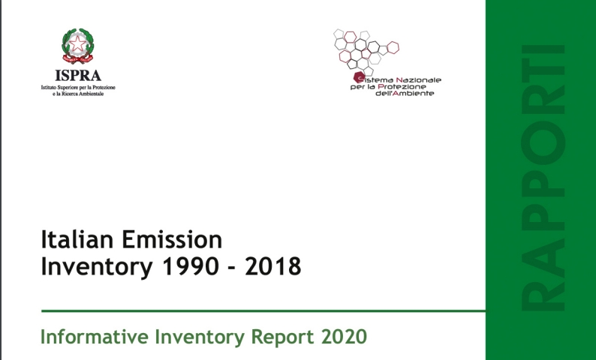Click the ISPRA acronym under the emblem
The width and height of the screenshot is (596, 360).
tap(77, 76)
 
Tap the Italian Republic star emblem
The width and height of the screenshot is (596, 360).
tap(77, 46)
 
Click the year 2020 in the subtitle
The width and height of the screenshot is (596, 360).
tap(342, 336)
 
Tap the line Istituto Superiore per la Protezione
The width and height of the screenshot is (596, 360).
tap(77, 88)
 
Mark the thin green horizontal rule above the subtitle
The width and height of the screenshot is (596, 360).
tap(263, 310)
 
